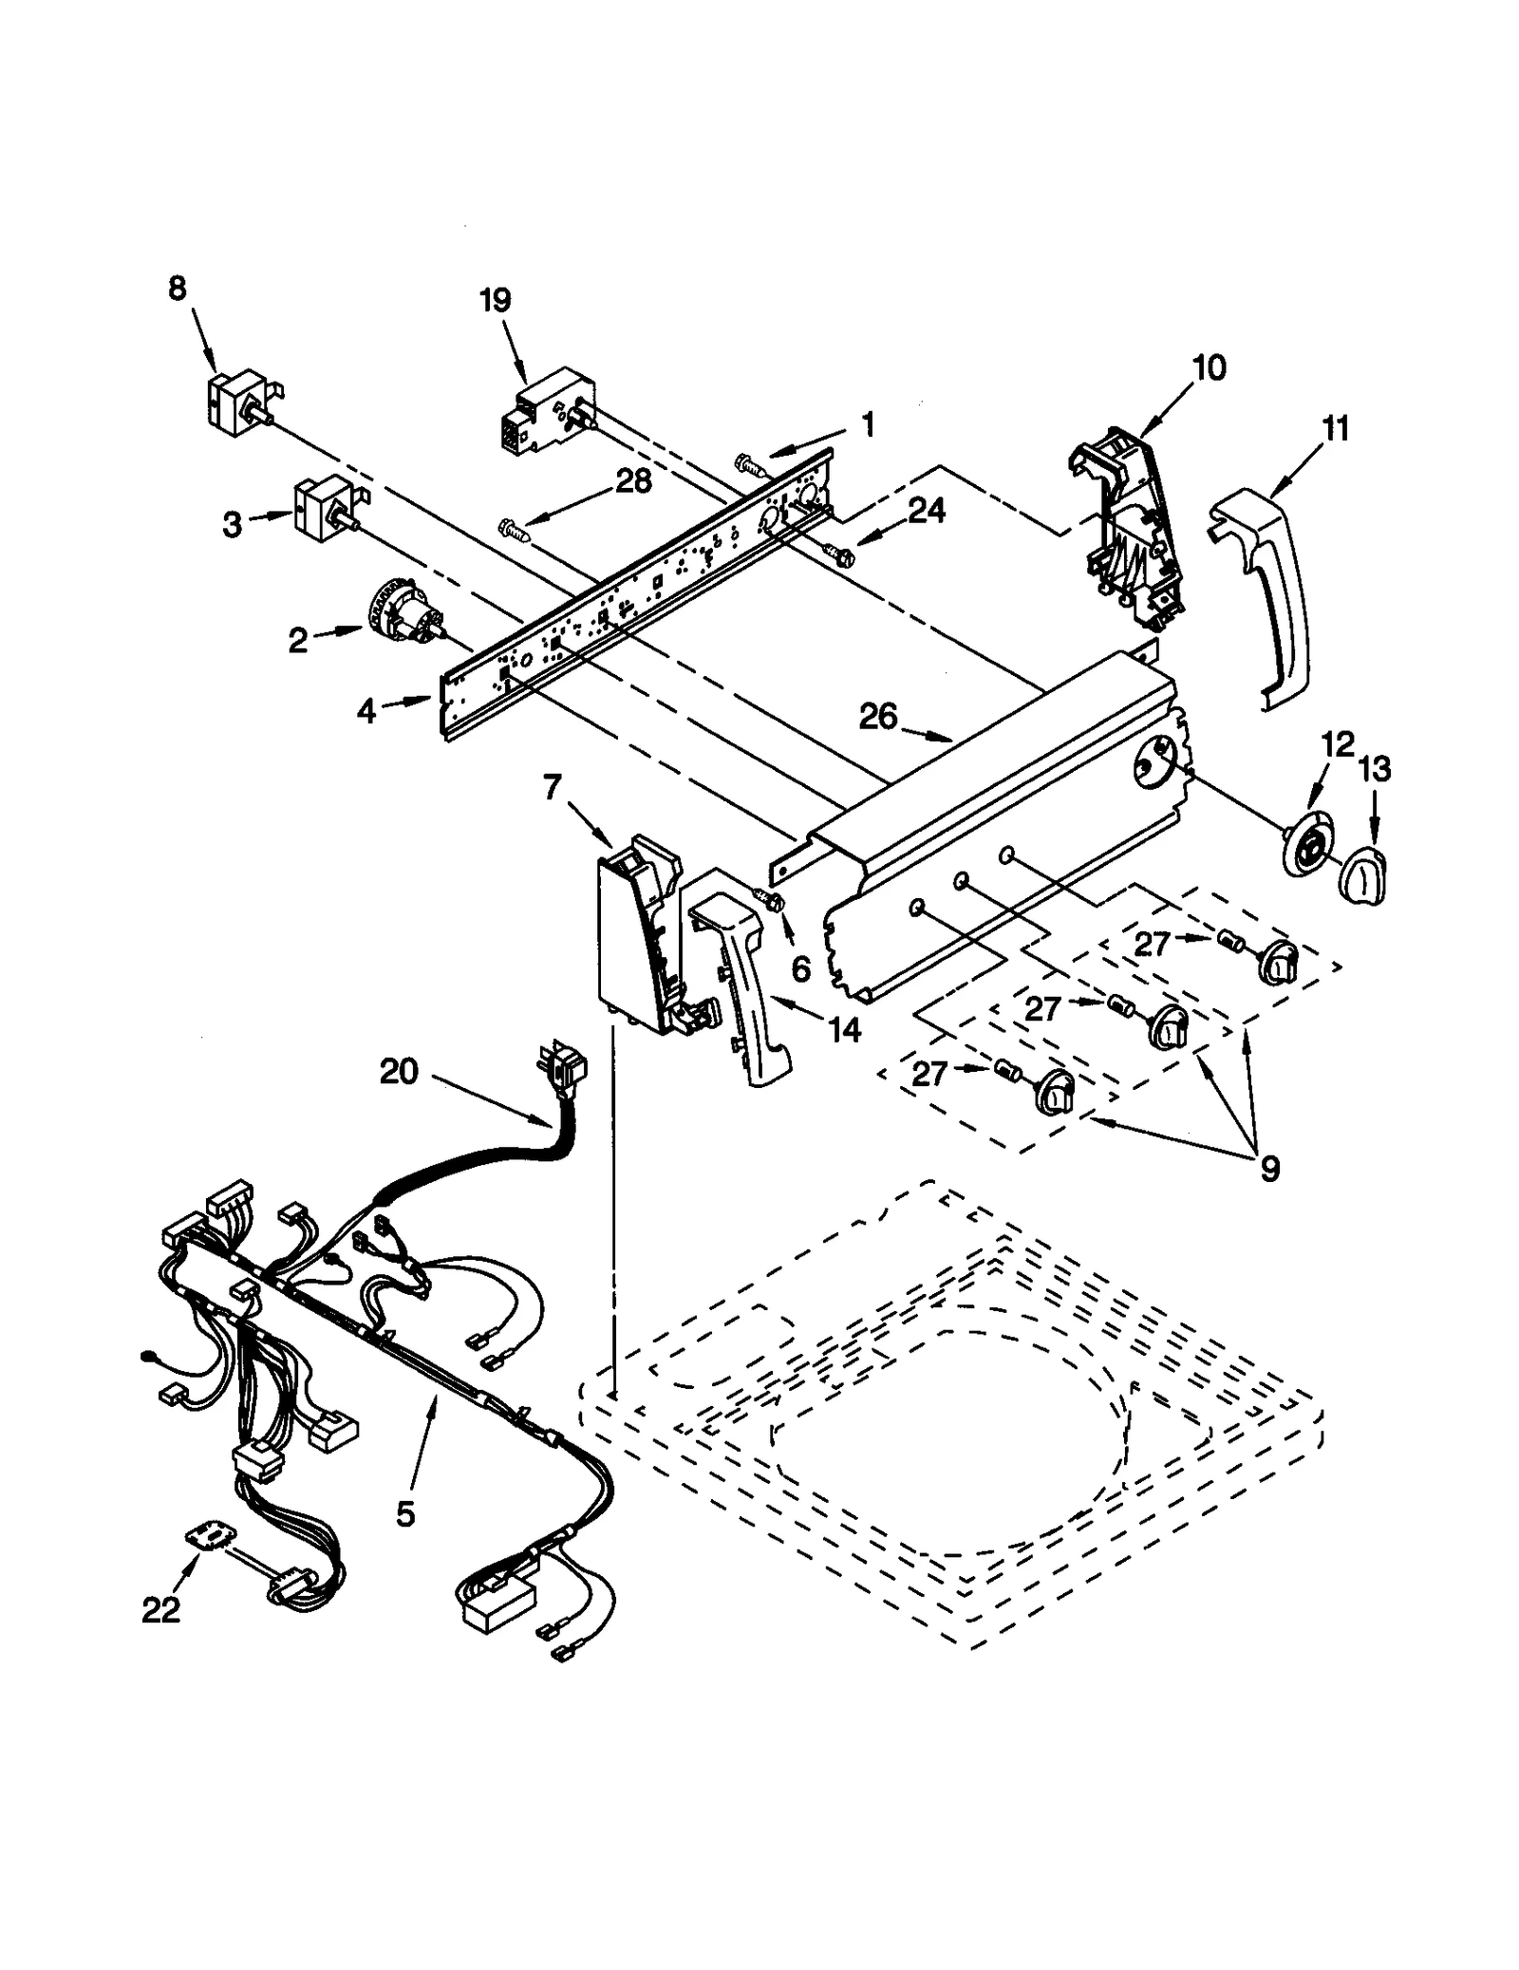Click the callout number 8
click(178, 289)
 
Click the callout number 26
click(877, 717)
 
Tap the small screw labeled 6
click(769, 900)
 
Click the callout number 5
click(405, 1514)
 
